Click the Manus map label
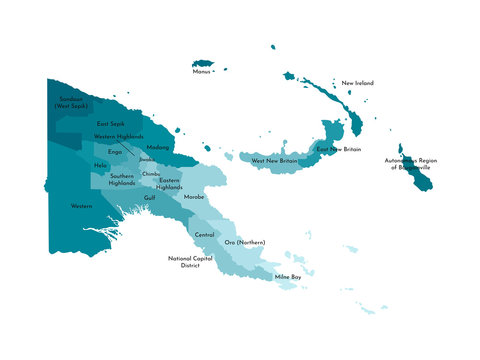coord(204,72)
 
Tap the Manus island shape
coord(206,62)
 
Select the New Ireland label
coord(358,83)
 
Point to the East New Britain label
coord(338,148)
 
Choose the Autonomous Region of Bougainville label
coord(411,163)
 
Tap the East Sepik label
coord(110,123)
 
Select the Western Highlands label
coord(119,136)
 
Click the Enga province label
coord(115,152)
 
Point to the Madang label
coord(157,147)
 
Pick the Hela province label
coord(101,165)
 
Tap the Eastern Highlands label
coord(170,184)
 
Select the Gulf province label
coord(149,197)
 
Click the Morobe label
coord(194,197)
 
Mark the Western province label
coord(82,206)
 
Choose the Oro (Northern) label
coord(244,243)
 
